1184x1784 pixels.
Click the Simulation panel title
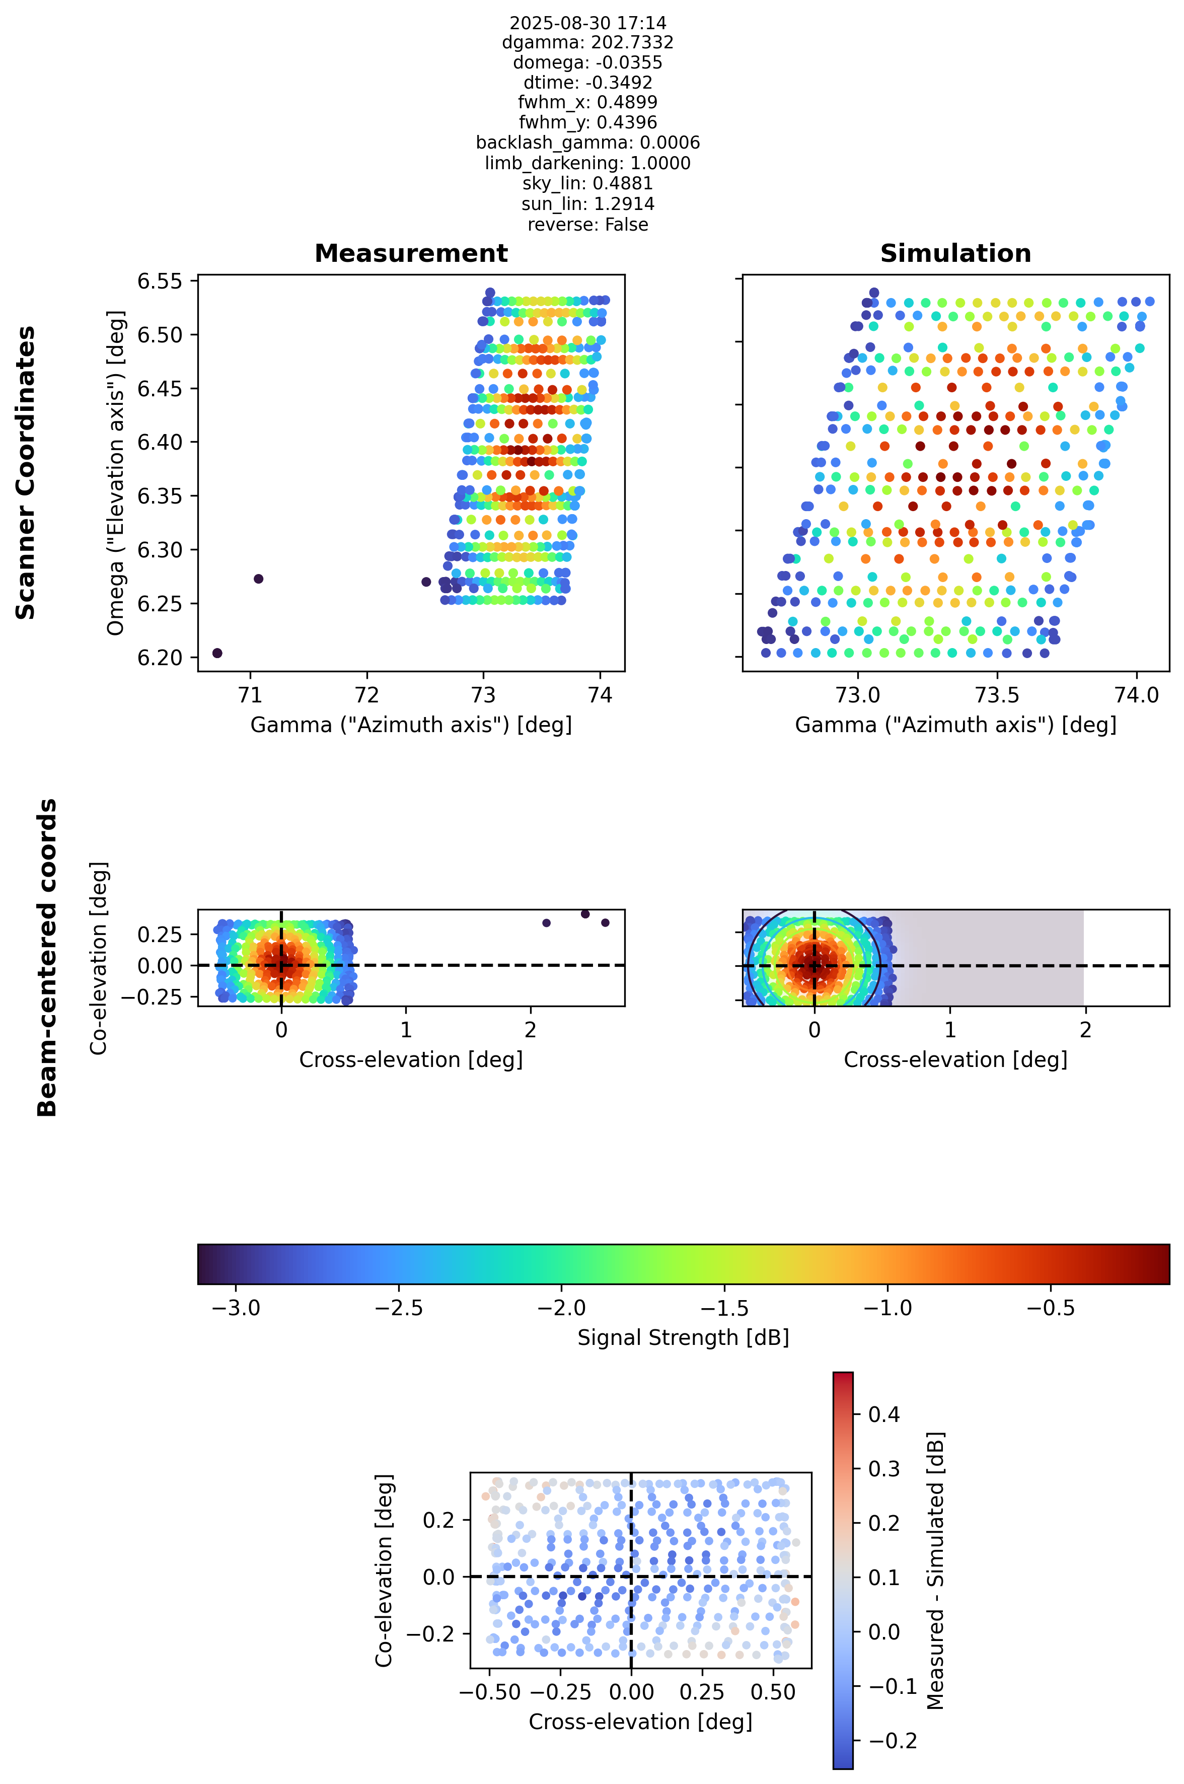point(955,253)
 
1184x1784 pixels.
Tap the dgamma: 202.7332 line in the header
point(587,42)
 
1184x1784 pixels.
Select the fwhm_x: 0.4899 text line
point(587,102)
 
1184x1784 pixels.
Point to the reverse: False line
point(587,225)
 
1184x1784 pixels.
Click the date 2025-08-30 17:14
point(587,23)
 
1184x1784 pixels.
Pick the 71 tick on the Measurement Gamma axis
point(250,695)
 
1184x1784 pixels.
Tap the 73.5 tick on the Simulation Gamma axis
point(998,695)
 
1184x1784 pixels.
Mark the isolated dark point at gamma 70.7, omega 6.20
point(217,653)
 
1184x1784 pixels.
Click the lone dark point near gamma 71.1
point(258,579)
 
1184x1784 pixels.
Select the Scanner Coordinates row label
point(26,473)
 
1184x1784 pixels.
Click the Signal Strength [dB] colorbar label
point(684,1337)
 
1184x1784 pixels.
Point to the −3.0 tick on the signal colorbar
point(237,1307)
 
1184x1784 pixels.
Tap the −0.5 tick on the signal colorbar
point(1050,1307)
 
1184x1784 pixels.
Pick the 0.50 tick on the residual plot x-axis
point(773,1692)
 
